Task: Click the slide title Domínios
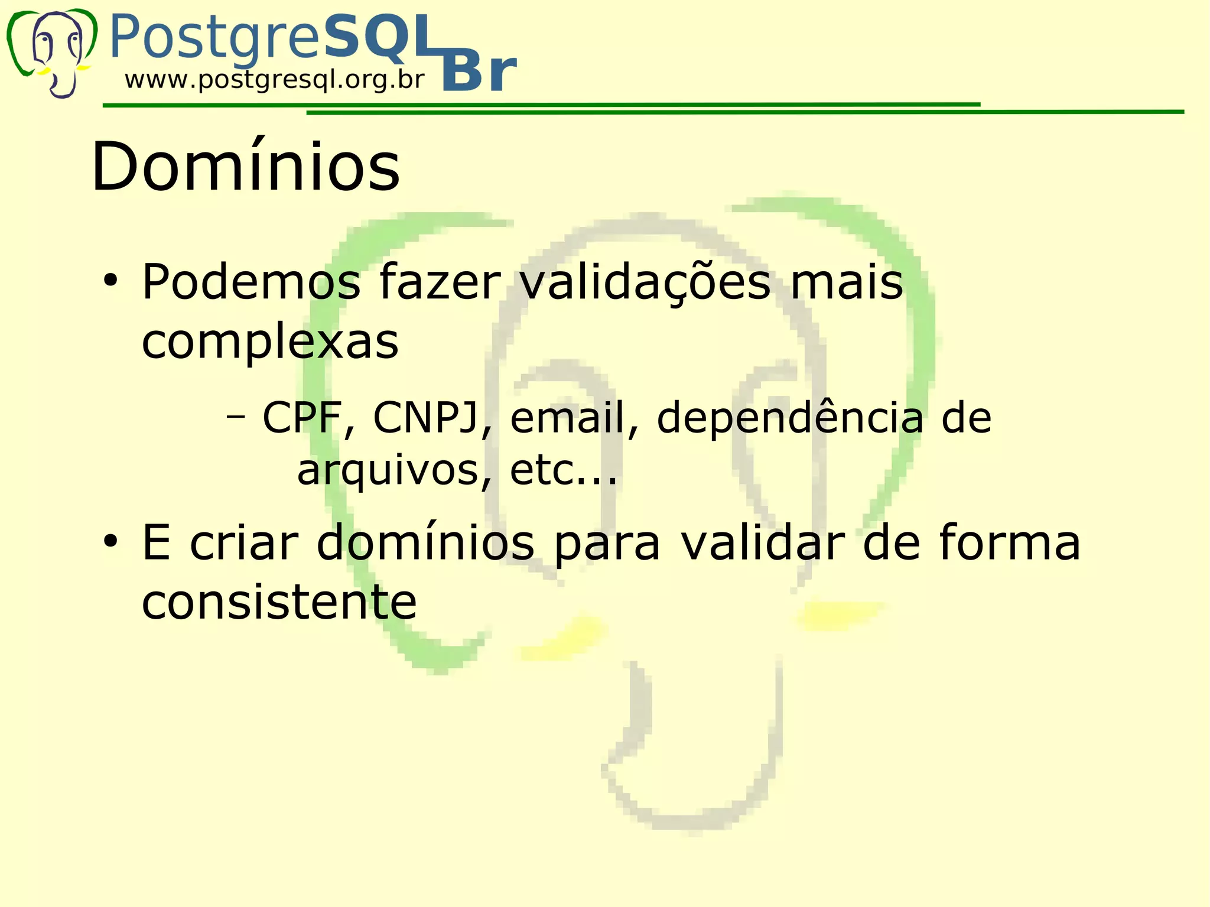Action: (x=246, y=167)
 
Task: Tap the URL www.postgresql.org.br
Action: (x=275, y=80)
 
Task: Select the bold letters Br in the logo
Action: (x=479, y=73)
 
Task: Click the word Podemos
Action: (x=251, y=282)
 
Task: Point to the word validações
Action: (x=645, y=282)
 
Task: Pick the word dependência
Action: (x=790, y=418)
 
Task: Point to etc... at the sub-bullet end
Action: (x=563, y=470)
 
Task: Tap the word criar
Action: (x=244, y=543)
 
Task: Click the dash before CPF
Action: (x=236, y=417)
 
